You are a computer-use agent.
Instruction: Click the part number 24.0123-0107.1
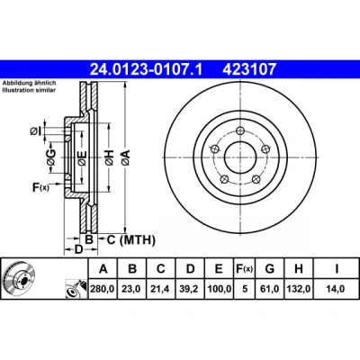coord(147,69)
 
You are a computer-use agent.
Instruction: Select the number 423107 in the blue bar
coord(249,69)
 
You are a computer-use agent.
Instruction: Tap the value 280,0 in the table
coord(103,289)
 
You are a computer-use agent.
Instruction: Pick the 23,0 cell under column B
coord(132,289)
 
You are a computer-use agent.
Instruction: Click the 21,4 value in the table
coord(161,289)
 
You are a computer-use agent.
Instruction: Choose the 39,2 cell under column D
coord(190,289)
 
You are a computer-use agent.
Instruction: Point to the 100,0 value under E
coord(220,289)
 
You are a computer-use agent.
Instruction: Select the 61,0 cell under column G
coord(269,289)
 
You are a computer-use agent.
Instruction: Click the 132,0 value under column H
coord(299,289)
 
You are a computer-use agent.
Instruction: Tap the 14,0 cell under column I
coord(337,289)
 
